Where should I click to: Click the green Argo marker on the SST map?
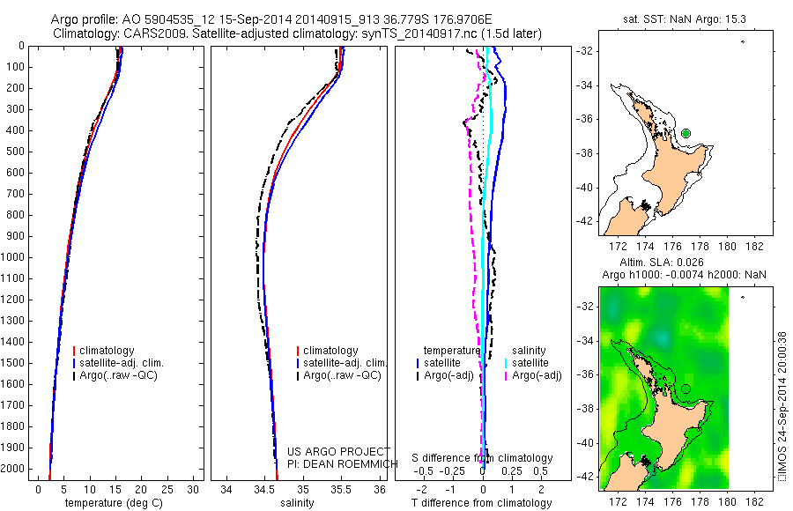[686, 133]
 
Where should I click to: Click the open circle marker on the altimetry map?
[686, 389]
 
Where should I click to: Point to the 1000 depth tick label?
[15, 257]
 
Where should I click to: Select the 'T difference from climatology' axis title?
[482, 503]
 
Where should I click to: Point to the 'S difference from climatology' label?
[482, 458]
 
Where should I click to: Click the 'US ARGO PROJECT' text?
[327, 451]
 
